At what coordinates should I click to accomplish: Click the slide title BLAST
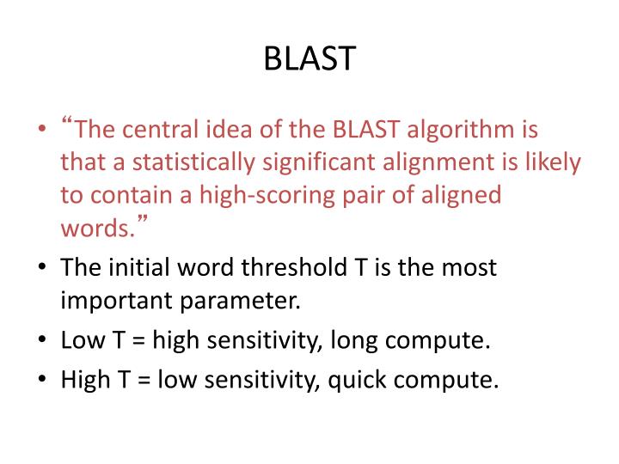(309, 58)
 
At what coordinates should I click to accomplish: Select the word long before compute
(352, 340)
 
